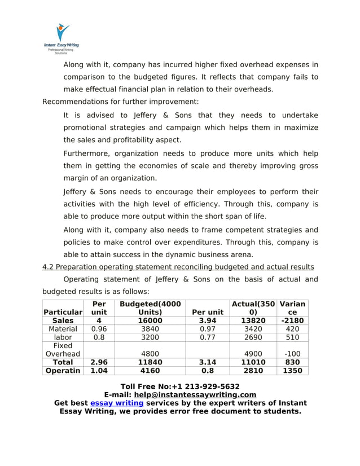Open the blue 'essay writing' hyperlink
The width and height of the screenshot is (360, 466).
116,403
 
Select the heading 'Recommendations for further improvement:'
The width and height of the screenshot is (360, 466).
121,102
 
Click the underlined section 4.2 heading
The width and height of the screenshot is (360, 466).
178,267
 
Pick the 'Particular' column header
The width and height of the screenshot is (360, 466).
63,312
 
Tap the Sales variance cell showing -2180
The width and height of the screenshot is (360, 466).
292,320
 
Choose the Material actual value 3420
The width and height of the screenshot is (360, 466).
253,329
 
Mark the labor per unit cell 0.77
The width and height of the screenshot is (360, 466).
208,337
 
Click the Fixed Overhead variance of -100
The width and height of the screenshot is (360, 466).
292,354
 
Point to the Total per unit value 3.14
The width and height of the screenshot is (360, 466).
208,362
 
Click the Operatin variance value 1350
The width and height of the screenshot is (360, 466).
292,371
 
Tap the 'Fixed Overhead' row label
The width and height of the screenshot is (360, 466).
63,350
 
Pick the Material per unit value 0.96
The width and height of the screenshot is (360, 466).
99,329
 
